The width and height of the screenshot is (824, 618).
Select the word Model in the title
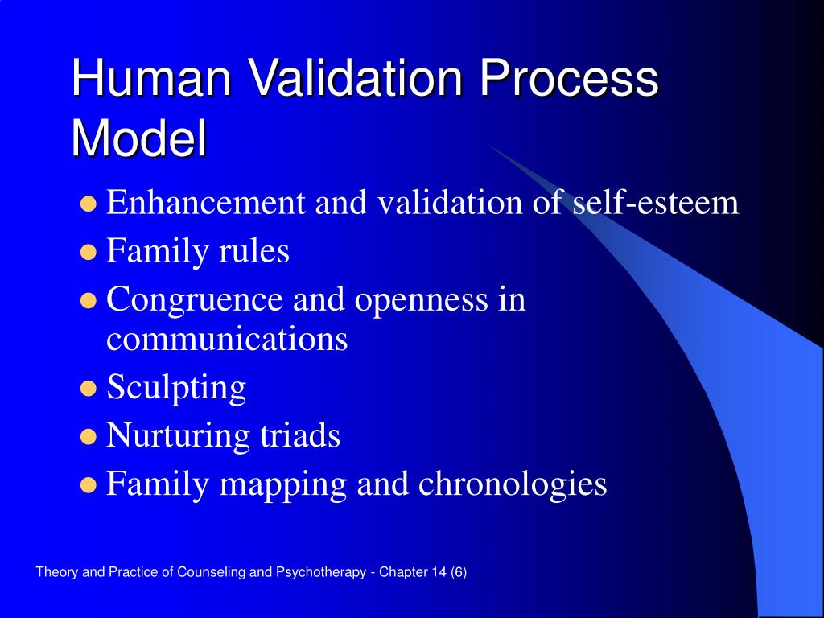pyautogui.click(x=138, y=138)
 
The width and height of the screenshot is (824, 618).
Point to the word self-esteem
pyautogui.click(x=655, y=203)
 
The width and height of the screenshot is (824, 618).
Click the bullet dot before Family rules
pyautogui.click(x=89, y=253)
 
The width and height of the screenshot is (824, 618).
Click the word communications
pyautogui.click(x=227, y=339)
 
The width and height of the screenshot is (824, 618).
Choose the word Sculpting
pyautogui.click(x=176, y=388)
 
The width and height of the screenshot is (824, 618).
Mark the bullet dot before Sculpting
pyautogui.click(x=89, y=389)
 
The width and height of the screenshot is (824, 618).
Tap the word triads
pyautogui.click(x=299, y=436)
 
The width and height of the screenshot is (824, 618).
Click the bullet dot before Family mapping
pyautogui.click(x=89, y=486)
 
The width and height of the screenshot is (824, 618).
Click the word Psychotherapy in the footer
pyautogui.click(x=322, y=572)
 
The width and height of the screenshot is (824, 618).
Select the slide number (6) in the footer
pyautogui.click(x=459, y=572)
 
